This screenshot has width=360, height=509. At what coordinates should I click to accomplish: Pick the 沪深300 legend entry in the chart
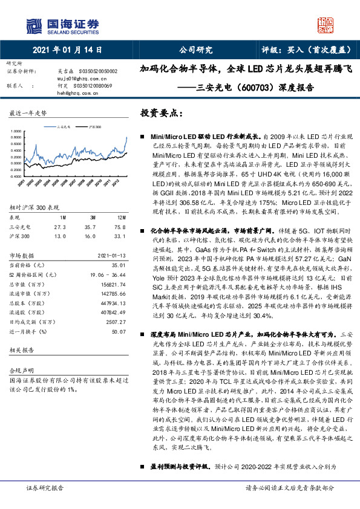(93, 128)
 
